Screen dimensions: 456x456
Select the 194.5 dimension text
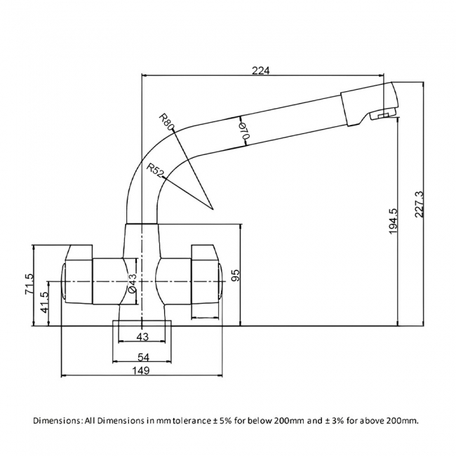coord(393,220)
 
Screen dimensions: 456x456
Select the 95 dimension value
coord(235,275)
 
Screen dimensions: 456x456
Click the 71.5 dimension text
coord(29,284)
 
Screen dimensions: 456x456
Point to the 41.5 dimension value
coord(44,303)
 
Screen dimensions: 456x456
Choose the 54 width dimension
coord(142,357)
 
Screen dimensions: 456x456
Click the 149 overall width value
coord(142,371)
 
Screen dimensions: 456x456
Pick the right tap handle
coord(206,275)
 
